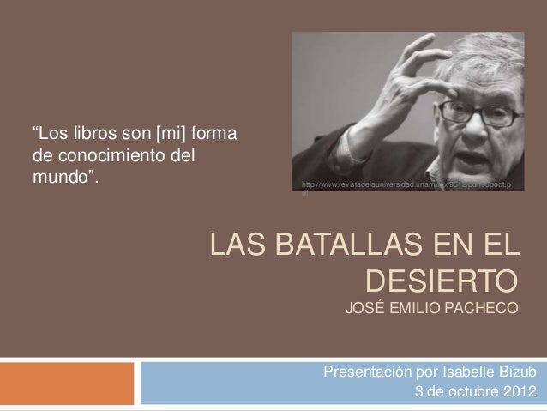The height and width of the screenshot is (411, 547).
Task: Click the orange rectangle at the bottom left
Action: tap(67, 382)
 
